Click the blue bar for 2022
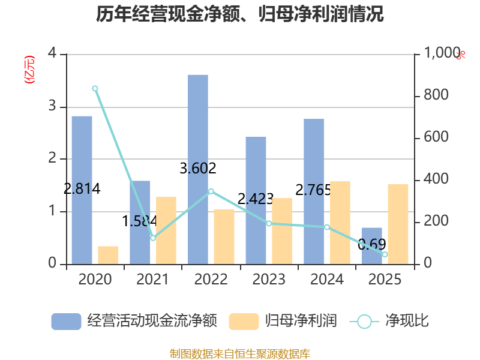(x=198, y=170)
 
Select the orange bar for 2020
(x=108, y=256)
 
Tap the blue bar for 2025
(x=371, y=246)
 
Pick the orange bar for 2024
(x=340, y=223)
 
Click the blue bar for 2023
(x=256, y=200)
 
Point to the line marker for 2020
(x=95, y=88)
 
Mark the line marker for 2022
(x=211, y=191)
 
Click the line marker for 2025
(x=385, y=254)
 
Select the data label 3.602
(x=198, y=169)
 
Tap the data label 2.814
(x=82, y=188)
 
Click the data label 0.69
(x=371, y=244)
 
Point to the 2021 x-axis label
(x=152, y=279)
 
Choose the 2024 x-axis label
(x=327, y=279)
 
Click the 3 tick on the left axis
(x=52, y=106)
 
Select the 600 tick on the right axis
(x=436, y=137)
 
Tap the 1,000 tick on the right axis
(x=442, y=53)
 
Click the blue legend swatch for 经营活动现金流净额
(x=66, y=322)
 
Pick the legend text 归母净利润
(x=301, y=321)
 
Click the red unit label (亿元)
(x=29, y=70)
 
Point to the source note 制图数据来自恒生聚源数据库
(x=240, y=354)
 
